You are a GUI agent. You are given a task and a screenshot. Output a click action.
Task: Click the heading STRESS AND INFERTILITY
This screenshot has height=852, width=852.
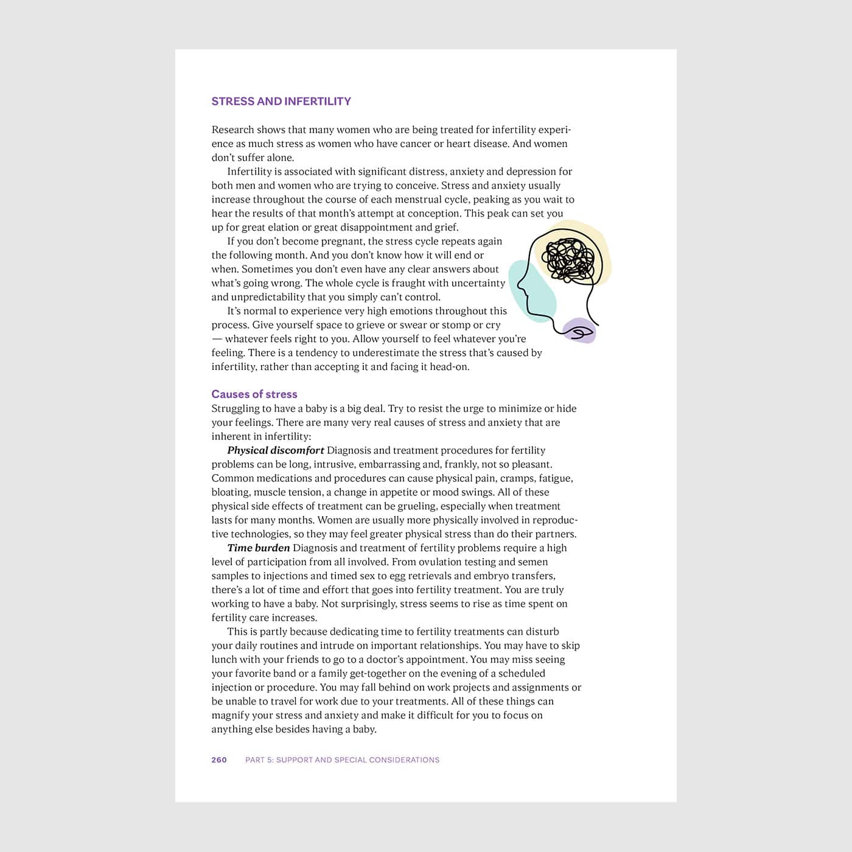click(x=281, y=102)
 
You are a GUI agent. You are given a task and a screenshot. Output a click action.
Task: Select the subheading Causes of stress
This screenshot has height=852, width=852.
click(x=254, y=394)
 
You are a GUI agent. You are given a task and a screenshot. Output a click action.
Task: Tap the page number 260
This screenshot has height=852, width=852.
click(x=219, y=759)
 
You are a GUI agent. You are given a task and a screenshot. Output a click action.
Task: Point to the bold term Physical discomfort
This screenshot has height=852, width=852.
click(x=275, y=450)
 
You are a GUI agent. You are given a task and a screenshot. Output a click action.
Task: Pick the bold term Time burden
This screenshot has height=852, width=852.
click(x=258, y=548)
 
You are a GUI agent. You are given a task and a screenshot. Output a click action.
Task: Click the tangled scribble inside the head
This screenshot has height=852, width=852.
click(x=569, y=259)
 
